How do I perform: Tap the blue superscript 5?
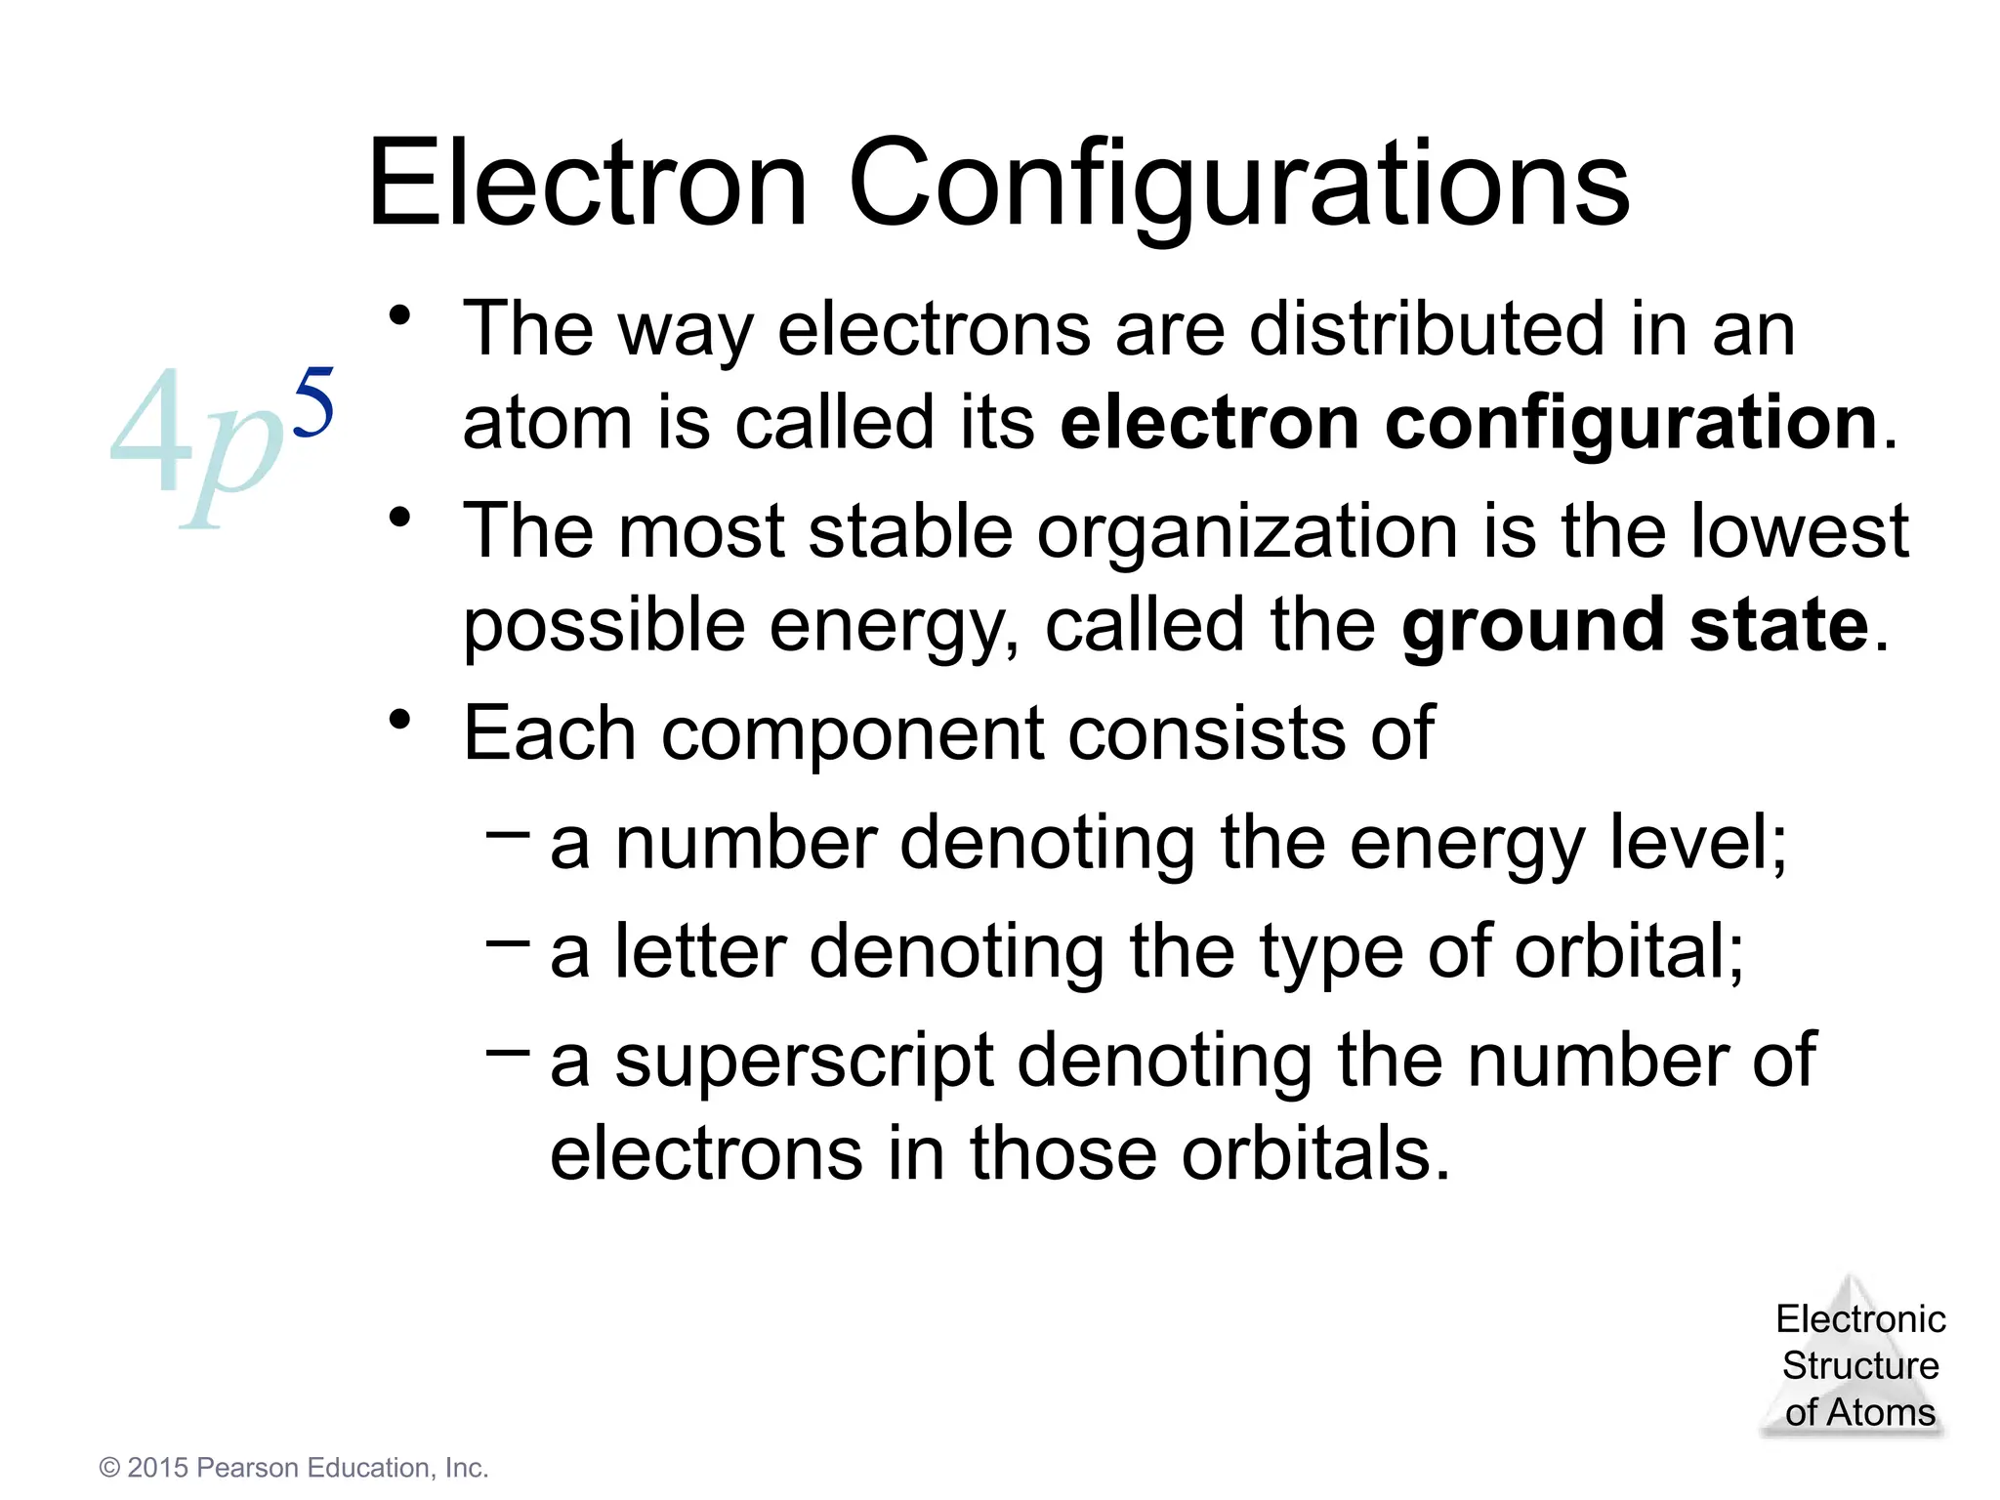[x=313, y=401]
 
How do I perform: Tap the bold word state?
[x=1778, y=625]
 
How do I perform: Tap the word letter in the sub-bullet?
[x=700, y=951]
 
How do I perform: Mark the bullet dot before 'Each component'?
[x=399, y=720]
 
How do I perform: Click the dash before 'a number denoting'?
[x=508, y=833]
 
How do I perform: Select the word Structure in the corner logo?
[x=1860, y=1365]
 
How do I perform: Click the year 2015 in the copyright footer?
[x=157, y=1468]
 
